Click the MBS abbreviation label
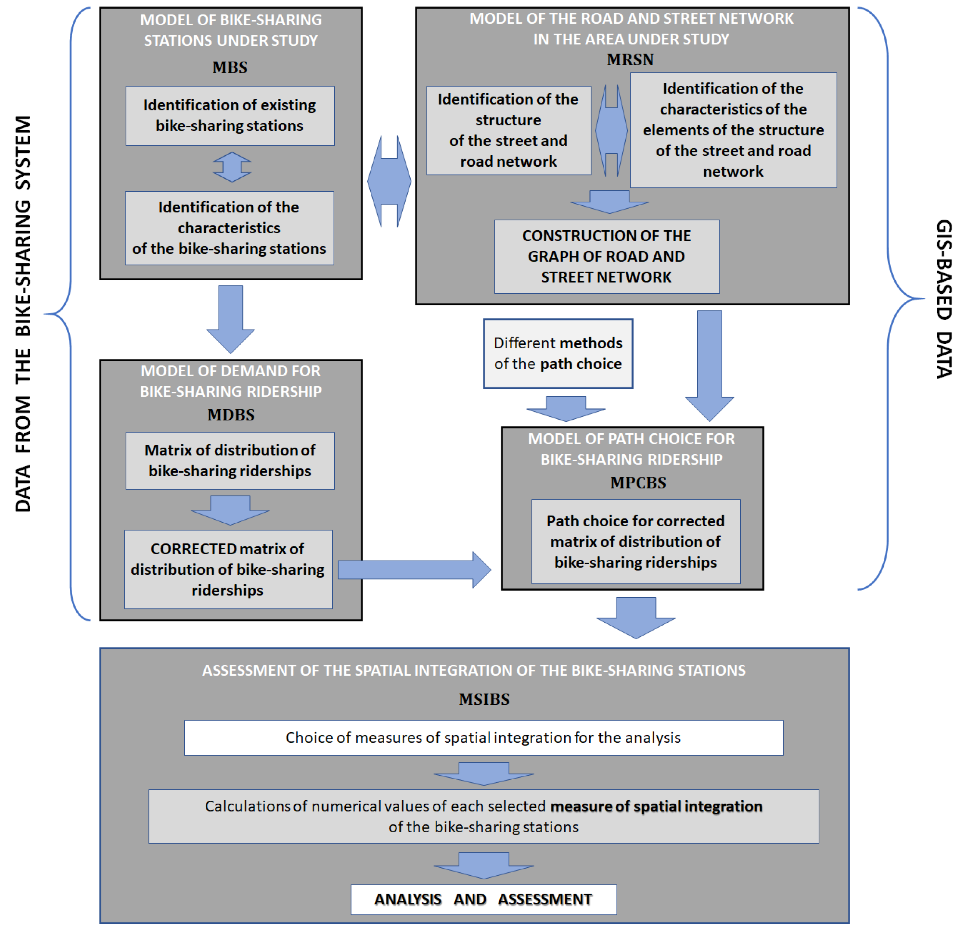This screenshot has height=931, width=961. point(230,68)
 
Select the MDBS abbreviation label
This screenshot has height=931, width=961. point(231,415)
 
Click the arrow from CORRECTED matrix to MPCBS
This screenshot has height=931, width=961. point(414,570)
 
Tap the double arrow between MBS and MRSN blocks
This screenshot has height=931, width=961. point(389,181)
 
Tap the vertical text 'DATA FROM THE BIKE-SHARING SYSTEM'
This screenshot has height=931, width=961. point(23,314)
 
